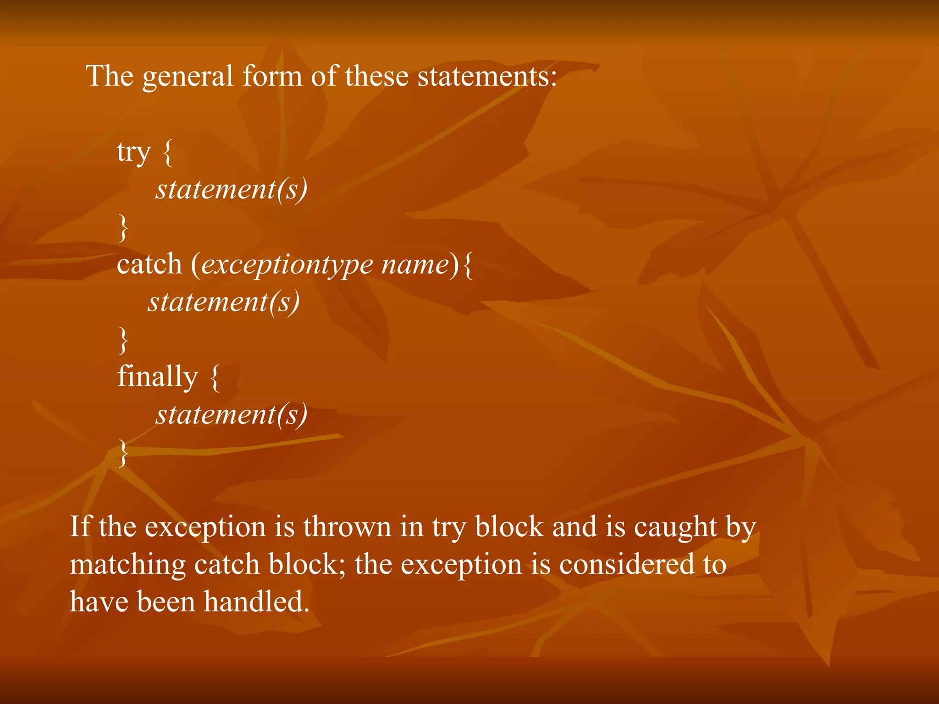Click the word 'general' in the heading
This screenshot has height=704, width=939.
[188, 77]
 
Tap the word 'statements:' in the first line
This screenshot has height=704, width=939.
[487, 77]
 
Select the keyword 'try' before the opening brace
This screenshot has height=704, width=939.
[133, 153]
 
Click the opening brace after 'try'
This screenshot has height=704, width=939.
[168, 153]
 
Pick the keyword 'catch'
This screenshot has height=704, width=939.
[149, 264]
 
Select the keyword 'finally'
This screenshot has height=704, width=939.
[158, 377]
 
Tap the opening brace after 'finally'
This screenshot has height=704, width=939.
[215, 377]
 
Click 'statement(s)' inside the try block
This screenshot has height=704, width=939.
[232, 189]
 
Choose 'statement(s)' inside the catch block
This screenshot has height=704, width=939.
[224, 302]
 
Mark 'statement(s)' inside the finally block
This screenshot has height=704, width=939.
[232, 415]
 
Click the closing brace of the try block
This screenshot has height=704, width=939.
[123, 228]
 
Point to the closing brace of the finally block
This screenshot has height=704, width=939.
[123, 453]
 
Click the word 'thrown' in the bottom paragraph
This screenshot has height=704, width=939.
[347, 527]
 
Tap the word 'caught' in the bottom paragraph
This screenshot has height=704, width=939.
[675, 528]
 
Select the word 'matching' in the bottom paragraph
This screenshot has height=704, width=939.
[127, 565]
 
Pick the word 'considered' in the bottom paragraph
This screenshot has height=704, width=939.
[627, 564]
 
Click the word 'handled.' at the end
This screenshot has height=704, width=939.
[256, 602]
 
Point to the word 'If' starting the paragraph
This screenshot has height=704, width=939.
[80, 527]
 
